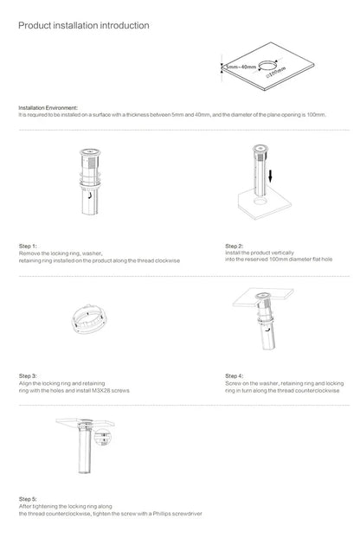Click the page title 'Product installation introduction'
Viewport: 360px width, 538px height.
point(83,26)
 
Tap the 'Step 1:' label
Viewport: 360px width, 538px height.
point(29,247)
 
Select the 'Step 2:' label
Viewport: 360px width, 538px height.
point(235,246)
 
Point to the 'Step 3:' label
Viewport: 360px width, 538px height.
point(29,376)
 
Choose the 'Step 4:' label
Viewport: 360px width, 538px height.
point(235,376)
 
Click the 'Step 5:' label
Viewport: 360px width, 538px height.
point(29,500)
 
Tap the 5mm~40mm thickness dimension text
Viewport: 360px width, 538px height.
point(241,67)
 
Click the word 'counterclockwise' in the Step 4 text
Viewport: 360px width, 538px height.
point(312,391)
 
